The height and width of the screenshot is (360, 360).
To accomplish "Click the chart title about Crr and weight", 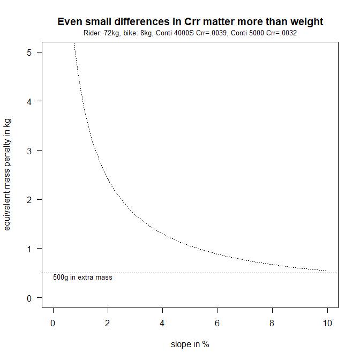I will (190, 22).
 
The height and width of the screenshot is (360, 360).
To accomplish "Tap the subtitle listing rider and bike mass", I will (190, 33).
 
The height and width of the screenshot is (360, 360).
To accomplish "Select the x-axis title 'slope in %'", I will (190, 344).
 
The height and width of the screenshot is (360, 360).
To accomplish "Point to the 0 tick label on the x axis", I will (53, 324).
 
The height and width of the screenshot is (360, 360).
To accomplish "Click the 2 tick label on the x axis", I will (108, 324).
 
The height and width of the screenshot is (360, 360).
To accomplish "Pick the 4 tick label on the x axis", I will (163, 324).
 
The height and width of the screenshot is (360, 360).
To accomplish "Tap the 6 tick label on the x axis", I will (217, 324).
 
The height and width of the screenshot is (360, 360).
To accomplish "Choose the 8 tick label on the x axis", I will (272, 324).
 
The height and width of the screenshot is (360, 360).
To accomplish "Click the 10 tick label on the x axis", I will (327, 324).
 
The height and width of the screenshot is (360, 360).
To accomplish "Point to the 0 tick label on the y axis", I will (29, 298).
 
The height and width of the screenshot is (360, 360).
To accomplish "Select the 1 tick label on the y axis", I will (29, 249).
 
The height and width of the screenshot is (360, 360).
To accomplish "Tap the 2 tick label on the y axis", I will (29, 200).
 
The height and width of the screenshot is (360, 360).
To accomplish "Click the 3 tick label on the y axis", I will (29, 151).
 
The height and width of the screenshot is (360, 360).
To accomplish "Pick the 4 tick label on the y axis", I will (29, 101).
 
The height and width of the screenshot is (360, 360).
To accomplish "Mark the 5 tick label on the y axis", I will (29, 52).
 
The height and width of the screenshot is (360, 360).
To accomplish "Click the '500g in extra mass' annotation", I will (82, 277).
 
